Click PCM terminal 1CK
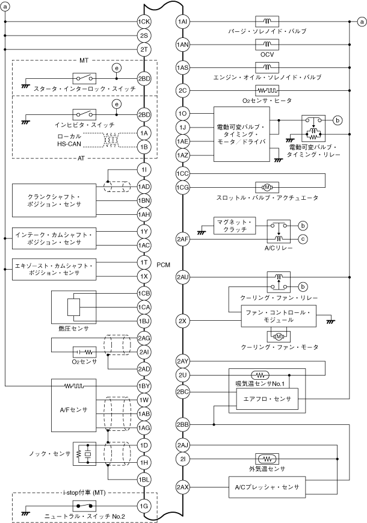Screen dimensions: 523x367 coord(143,23)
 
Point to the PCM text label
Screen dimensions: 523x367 coord(163,264)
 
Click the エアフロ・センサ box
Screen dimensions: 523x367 coord(267,399)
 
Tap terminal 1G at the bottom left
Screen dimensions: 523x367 coord(143,506)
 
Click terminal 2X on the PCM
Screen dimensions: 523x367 coord(183,320)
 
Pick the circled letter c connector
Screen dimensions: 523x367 coord(303,239)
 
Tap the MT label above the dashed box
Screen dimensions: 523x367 coord(84,61)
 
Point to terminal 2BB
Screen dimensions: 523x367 coord(183,424)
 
